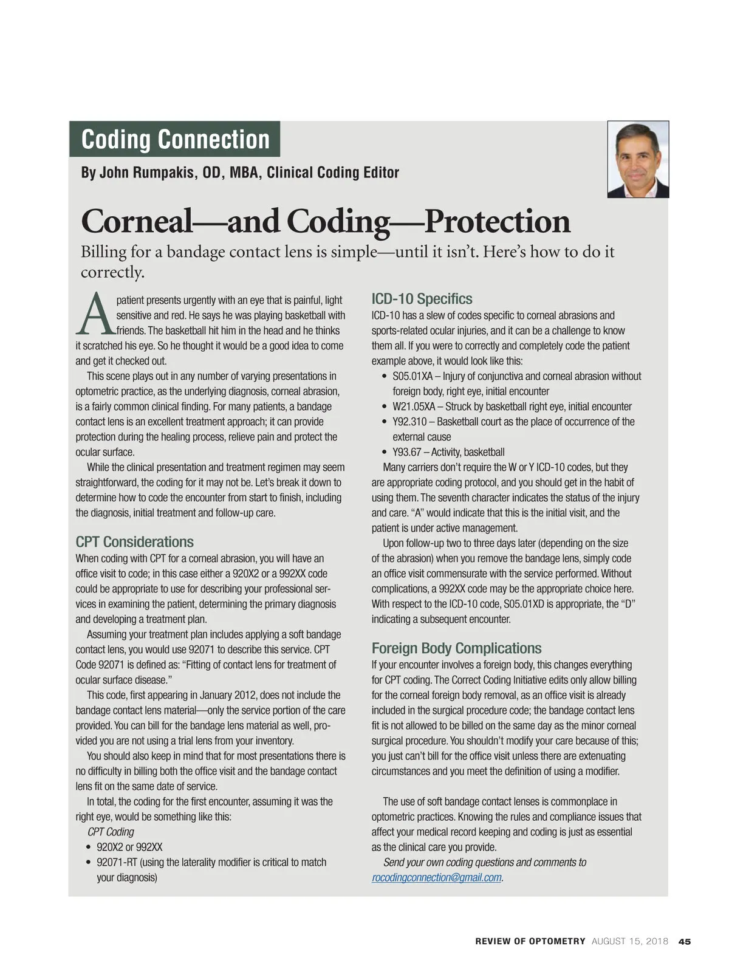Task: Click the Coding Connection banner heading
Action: [175, 139]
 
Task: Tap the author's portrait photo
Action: [638, 159]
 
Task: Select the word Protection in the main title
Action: [498, 221]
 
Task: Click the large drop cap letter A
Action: [95, 315]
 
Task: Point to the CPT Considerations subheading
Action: [134, 542]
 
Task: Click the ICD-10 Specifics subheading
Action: [422, 299]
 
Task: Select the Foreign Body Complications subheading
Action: [456, 648]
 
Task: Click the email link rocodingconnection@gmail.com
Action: [437, 877]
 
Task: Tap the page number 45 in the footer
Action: [685, 941]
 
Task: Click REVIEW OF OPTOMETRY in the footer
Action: [530, 941]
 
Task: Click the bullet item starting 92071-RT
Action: [117, 862]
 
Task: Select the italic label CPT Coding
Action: [111, 832]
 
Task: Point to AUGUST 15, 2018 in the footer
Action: [629, 941]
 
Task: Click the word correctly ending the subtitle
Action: [112, 272]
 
